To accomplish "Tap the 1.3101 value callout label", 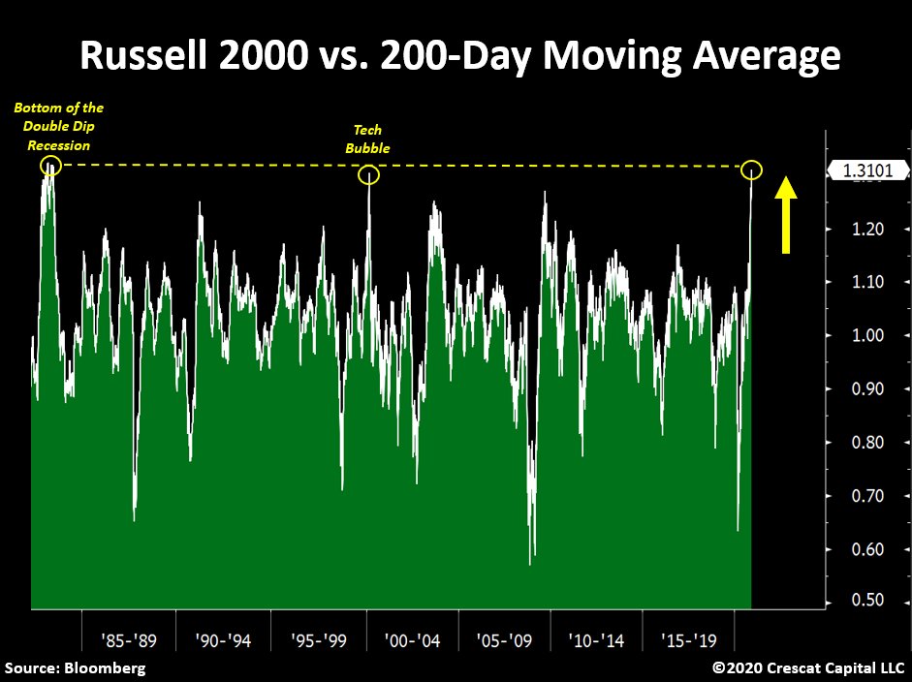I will (868, 171).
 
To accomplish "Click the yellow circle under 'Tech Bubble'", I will (368, 175).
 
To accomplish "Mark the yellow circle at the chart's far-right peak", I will (752, 170).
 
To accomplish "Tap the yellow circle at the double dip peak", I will (50, 167).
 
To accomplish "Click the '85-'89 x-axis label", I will (130, 640).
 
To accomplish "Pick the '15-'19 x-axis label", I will (689, 640).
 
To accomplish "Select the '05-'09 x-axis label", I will (505, 640).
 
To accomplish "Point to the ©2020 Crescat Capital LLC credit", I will (808, 667).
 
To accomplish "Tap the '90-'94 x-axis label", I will (223, 640).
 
